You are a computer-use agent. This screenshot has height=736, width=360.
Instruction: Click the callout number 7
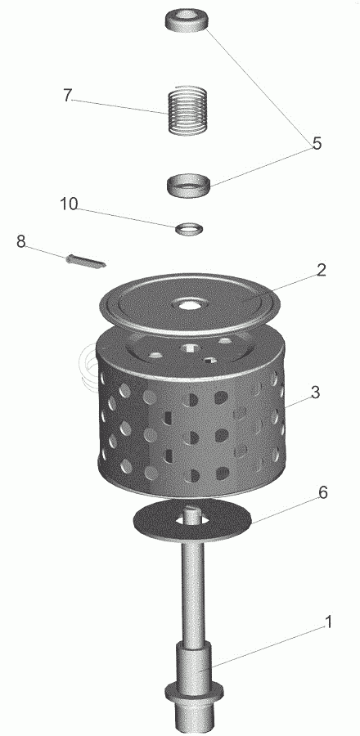pyautogui.click(x=68, y=96)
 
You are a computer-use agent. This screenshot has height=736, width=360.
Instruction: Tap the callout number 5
pyautogui.click(x=317, y=143)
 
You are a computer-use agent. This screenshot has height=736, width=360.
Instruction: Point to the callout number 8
pyautogui.click(x=20, y=242)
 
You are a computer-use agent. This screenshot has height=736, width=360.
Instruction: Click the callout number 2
pyautogui.click(x=321, y=270)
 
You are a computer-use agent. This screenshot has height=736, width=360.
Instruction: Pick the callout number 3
pyautogui.click(x=315, y=392)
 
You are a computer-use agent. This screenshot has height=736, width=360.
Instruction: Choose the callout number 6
pyautogui.click(x=322, y=493)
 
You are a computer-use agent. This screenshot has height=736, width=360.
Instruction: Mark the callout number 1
pyautogui.click(x=328, y=622)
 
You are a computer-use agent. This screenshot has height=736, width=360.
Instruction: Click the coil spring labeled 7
pyautogui.click(x=187, y=110)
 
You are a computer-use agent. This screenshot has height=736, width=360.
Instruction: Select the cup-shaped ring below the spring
pyautogui.click(x=189, y=184)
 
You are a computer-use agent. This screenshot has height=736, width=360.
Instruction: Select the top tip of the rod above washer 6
pyautogui.click(x=192, y=507)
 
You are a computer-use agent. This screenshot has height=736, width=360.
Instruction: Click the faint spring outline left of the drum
pyautogui.click(x=88, y=366)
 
